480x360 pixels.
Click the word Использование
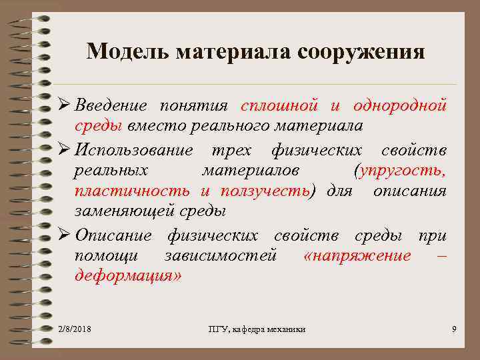click(134, 149)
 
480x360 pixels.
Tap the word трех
click(233, 149)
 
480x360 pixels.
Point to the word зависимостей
click(220, 256)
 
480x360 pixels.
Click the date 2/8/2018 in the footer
click(75, 329)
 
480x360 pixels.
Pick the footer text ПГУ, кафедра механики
click(257, 329)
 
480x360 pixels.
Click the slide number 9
click(453, 329)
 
